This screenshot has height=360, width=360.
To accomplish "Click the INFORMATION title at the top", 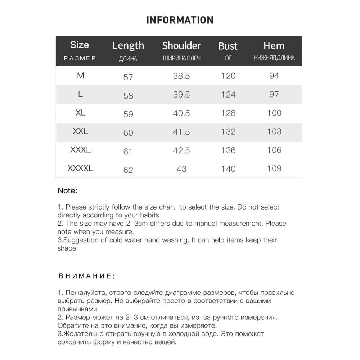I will tap(180, 20).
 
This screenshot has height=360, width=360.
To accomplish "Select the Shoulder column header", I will tap(181, 46).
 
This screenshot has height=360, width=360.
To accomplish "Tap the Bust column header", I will tap(228, 46).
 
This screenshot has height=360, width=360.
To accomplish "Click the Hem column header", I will tap(274, 46).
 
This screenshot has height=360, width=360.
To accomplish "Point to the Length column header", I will tap(128, 46).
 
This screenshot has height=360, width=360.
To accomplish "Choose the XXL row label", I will tap(80, 131).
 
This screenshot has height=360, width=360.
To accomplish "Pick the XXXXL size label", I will tap(80, 168).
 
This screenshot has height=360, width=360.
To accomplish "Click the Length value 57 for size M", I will tap(128, 77).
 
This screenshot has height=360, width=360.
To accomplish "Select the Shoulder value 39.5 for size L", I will tap(181, 95).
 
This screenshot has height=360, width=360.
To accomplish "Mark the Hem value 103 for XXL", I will tap(274, 131).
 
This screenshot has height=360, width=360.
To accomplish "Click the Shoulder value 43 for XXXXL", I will tap(181, 169).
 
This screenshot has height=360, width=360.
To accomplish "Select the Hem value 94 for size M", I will tap(274, 76).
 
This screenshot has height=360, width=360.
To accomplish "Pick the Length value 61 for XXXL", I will tap(128, 152).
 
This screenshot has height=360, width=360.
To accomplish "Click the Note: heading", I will tap(67, 191).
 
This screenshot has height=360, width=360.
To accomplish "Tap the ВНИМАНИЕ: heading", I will tap(86, 276).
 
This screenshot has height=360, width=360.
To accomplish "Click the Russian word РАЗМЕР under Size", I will tap(80, 58).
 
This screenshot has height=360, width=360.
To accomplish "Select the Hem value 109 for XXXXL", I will tap(274, 168).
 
